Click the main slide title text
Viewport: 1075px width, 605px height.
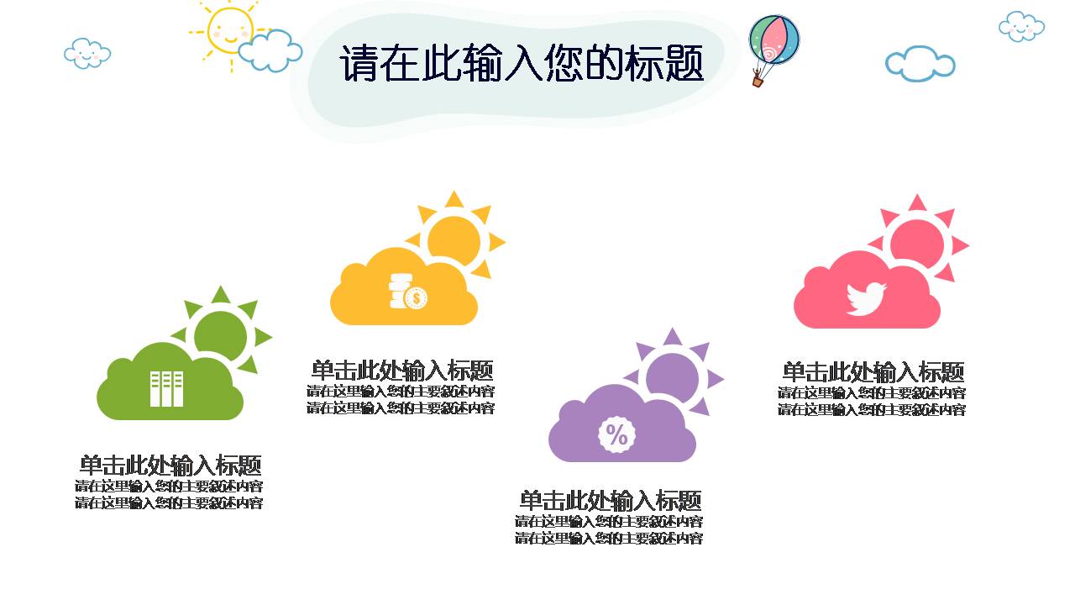pos(521,64)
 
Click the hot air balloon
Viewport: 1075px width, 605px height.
pos(773,41)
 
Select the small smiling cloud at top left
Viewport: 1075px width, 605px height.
pos(87,53)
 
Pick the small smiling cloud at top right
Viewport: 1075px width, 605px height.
pos(1021,26)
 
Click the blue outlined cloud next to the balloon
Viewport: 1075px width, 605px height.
pos(920,63)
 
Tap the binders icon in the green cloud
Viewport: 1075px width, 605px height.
pos(166,388)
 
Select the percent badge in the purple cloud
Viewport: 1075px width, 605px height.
pos(616,434)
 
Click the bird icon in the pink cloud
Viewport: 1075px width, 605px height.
pos(866,298)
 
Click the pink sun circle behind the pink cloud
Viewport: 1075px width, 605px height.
pos(917,240)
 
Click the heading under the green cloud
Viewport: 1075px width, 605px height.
pos(170,465)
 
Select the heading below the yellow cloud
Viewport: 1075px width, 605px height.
pos(401,370)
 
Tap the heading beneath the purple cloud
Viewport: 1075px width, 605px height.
pos(610,501)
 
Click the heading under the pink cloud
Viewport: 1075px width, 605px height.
pos(873,371)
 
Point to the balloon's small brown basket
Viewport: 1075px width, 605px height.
pos(758,81)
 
